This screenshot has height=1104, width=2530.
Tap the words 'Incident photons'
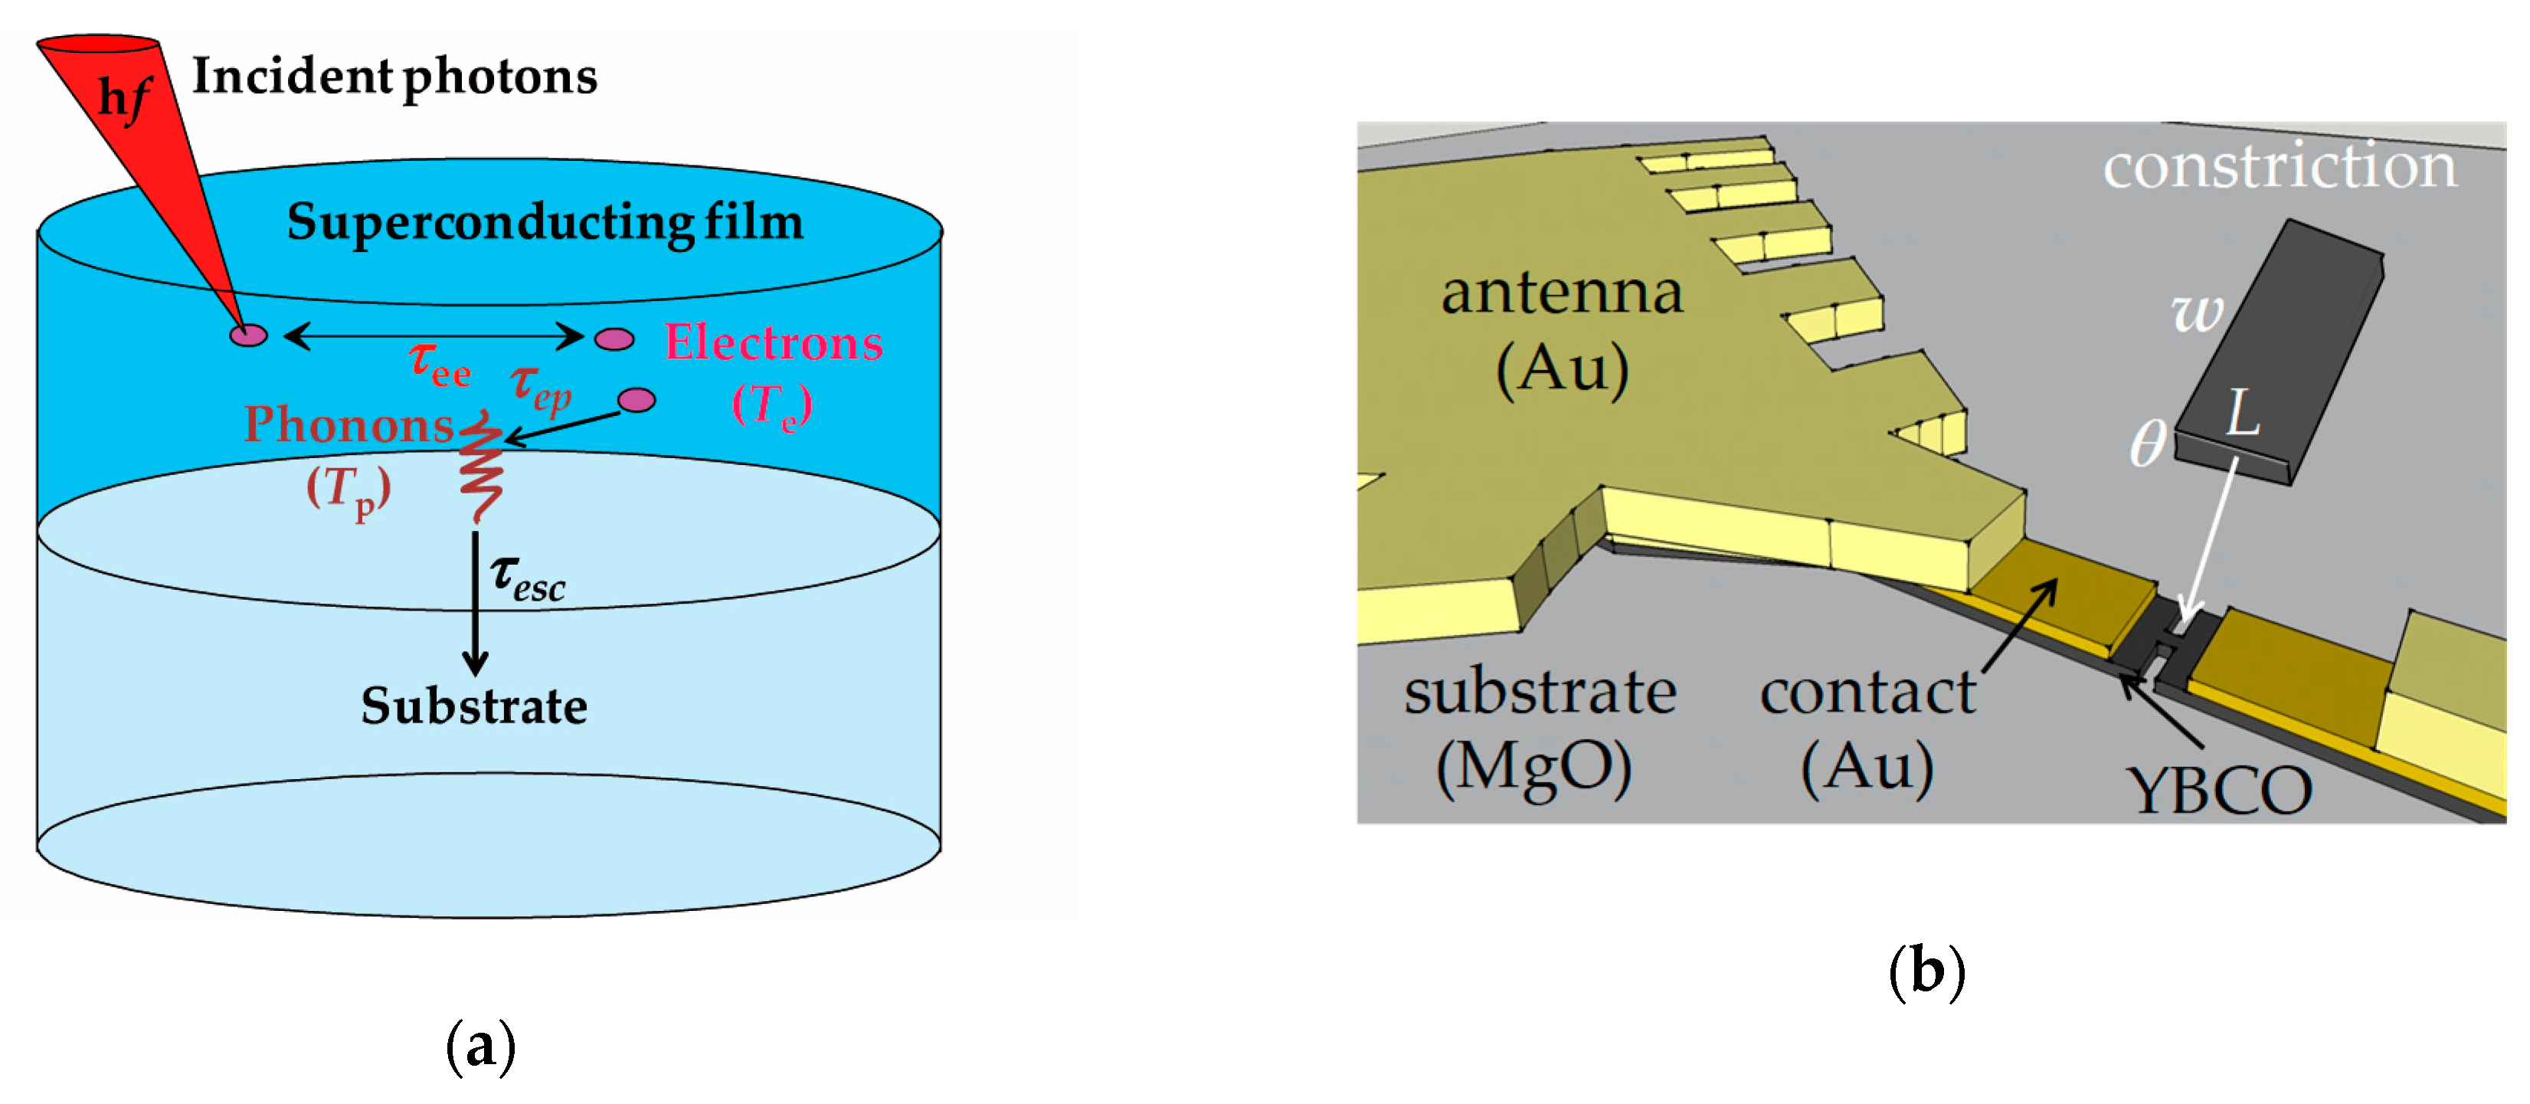click(x=394, y=77)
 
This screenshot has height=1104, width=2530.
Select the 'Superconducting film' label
click(x=545, y=222)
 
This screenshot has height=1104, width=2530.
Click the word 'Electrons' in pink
click(x=774, y=342)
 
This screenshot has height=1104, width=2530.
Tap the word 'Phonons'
click(x=349, y=424)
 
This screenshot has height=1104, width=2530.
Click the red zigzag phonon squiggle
click(x=481, y=466)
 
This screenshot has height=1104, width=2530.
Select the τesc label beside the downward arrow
click(x=528, y=578)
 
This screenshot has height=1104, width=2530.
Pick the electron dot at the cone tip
click(x=248, y=335)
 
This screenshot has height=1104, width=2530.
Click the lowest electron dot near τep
click(x=637, y=400)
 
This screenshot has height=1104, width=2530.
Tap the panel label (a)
click(x=480, y=1047)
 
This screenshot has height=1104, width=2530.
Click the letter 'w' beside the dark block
click(x=2197, y=313)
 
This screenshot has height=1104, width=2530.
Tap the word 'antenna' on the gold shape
click(x=1562, y=293)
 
